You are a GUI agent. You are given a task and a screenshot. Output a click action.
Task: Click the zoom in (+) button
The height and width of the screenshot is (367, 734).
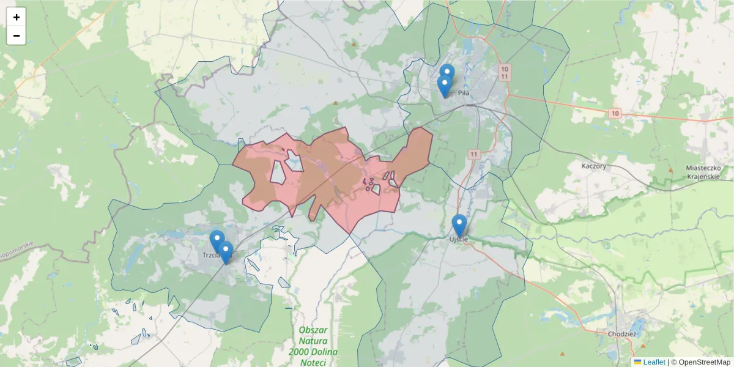point(17,17)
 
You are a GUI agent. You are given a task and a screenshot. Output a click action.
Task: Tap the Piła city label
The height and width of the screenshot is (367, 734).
point(463,93)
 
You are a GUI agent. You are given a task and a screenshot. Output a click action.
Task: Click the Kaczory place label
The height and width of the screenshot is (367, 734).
point(594,166)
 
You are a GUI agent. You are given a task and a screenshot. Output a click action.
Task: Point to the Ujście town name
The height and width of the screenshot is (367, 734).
point(458,239)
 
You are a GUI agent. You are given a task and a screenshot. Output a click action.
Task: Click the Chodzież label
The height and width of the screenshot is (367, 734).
point(622,334)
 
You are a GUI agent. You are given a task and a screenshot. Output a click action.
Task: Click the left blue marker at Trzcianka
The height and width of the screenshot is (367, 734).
point(217,240)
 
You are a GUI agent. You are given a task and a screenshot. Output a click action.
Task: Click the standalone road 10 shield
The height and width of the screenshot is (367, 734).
point(615,113)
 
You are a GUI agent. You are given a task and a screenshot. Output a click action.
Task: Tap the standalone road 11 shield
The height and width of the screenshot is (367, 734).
point(474,154)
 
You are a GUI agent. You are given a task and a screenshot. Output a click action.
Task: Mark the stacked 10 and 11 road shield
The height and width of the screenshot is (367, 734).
point(504,72)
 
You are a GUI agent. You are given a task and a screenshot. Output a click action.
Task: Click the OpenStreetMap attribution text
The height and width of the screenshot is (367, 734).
point(701,362)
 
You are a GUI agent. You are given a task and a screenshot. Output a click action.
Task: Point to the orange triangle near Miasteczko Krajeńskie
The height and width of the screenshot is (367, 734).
point(671,169)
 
